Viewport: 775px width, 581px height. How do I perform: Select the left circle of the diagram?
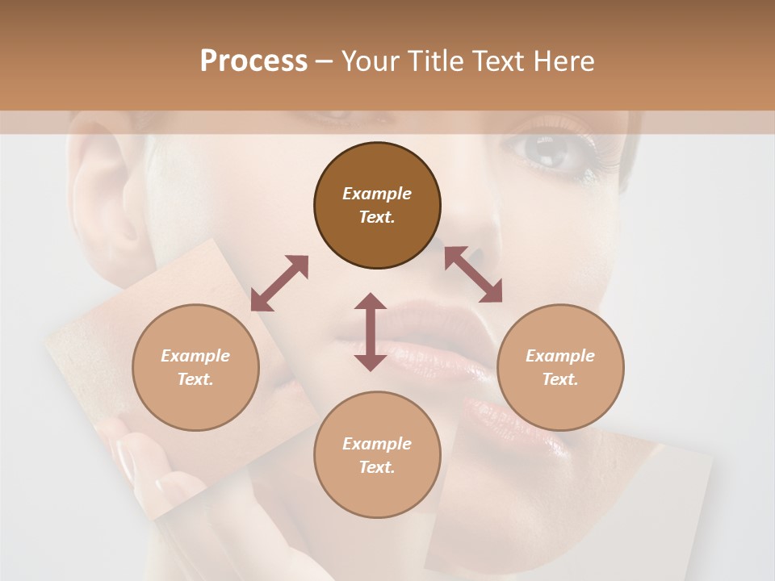(x=195, y=367)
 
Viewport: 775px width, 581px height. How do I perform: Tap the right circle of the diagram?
(x=560, y=367)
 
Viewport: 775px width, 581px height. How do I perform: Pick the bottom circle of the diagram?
(x=377, y=455)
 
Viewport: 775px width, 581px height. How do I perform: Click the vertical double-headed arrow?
(x=371, y=332)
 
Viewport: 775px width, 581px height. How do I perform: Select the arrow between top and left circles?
(x=280, y=283)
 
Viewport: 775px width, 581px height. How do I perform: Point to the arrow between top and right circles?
(x=473, y=274)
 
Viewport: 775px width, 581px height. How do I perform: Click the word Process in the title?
(x=253, y=61)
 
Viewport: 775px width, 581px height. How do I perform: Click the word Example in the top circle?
(x=377, y=194)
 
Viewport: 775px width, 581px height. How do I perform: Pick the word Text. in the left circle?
(x=195, y=379)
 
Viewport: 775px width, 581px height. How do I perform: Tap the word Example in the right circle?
(x=560, y=356)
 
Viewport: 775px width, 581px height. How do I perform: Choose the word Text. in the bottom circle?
(x=377, y=467)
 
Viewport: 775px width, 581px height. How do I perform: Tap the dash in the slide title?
(x=325, y=61)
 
